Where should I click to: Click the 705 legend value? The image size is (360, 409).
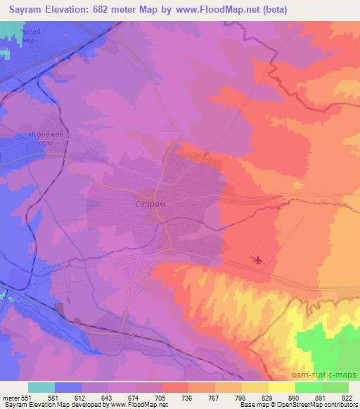coord(161,397)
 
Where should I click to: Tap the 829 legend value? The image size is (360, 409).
coord(268,397)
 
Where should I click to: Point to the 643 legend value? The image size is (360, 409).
coord(108,397)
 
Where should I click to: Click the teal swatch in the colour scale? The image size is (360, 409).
coord(41,387)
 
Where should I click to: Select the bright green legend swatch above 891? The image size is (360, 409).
coord(309,387)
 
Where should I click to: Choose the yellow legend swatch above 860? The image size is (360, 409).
coord(282,387)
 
